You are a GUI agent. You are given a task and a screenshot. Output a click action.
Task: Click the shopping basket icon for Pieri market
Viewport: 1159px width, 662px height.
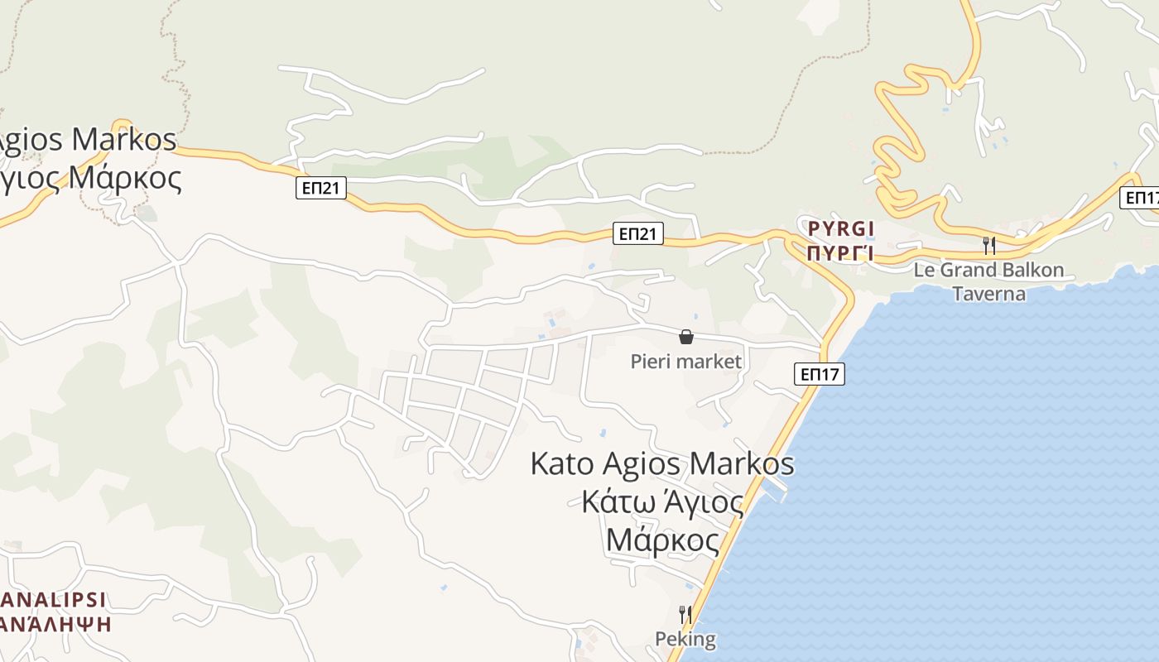(x=685, y=337)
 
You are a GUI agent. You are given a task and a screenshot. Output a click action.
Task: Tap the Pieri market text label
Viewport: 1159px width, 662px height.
(x=685, y=362)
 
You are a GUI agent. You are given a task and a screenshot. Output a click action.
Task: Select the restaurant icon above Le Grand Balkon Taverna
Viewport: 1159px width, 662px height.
(x=988, y=245)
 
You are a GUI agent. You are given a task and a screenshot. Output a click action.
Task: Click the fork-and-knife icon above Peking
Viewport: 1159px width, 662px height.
(x=685, y=615)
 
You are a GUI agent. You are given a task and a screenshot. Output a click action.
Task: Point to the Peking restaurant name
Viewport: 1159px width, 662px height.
(x=685, y=639)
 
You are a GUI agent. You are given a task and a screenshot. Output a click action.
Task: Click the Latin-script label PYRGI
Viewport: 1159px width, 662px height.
(x=840, y=228)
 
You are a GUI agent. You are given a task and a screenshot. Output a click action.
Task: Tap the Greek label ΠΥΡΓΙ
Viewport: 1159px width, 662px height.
(x=840, y=252)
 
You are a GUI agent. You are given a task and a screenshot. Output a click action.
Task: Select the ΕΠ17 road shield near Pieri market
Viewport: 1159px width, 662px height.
(x=820, y=374)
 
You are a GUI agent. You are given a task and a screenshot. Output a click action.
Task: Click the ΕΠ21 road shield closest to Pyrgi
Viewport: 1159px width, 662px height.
(x=639, y=234)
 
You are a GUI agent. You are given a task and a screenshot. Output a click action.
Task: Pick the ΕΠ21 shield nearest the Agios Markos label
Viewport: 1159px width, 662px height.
(x=320, y=189)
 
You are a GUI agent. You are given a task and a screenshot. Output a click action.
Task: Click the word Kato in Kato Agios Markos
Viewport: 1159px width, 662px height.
(x=562, y=463)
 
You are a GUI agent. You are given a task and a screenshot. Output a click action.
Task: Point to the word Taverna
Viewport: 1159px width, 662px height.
(x=988, y=294)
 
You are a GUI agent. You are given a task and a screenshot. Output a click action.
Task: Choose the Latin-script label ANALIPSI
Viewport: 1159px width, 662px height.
(x=55, y=600)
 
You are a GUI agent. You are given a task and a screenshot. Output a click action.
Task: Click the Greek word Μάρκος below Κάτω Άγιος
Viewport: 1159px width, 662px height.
(x=662, y=540)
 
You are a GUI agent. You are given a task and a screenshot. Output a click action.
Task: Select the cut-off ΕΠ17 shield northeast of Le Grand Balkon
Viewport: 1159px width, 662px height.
(x=1141, y=198)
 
